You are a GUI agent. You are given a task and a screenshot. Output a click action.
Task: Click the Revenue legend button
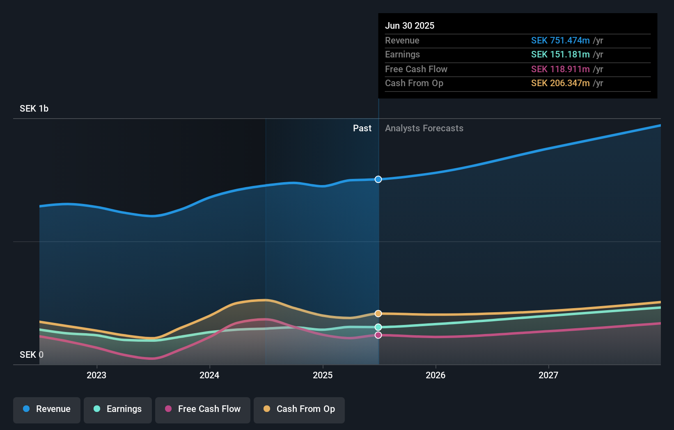pos(47,409)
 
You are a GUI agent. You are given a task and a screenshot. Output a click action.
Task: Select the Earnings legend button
pos(118,409)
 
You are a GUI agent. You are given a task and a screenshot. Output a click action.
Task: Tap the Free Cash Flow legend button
pos(203,409)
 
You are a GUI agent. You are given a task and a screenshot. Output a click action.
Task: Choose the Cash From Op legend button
pos(299,409)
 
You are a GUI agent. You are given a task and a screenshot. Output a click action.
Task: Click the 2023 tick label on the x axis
pos(96,375)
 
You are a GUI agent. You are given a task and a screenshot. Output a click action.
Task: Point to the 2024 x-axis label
pos(209,375)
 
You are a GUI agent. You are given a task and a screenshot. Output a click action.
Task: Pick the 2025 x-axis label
pos(323,375)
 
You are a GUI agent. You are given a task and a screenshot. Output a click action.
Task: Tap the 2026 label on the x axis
pos(436,375)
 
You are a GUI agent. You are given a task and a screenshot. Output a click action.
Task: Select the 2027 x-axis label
pos(548,375)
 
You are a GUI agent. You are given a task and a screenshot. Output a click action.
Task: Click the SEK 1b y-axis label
pos(34,109)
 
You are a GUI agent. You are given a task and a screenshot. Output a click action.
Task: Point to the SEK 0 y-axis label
pos(32,355)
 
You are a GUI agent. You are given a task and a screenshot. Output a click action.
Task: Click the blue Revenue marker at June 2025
pos(378,179)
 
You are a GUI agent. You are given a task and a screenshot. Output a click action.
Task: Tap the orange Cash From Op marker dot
pos(378,313)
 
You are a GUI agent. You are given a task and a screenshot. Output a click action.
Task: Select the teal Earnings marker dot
pos(378,327)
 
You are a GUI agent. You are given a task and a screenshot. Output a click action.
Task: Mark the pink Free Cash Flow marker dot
pos(378,335)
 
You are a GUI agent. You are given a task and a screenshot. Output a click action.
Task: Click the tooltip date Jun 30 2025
pos(410,25)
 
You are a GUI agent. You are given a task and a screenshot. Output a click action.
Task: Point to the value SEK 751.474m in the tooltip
pos(560,40)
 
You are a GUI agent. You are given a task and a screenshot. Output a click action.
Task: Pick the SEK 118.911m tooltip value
pos(560,69)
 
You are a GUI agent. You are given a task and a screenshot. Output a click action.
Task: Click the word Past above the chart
pos(362,128)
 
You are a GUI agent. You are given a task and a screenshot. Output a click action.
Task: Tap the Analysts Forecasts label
pos(424,128)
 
